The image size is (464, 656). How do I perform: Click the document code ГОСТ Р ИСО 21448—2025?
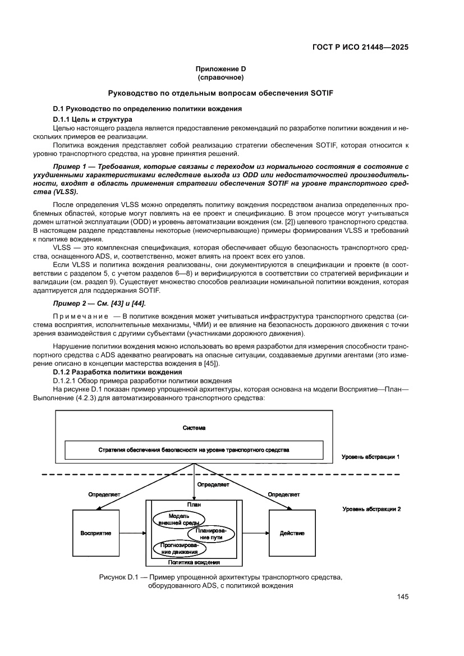pyautogui.click(x=360, y=47)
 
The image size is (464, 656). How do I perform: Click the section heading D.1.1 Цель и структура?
pyautogui.click(x=93, y=120)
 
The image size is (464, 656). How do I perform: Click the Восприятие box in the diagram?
pyautogui.click(x=95, y=533)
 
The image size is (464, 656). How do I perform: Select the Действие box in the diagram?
pyautogui.click(x=292, y=533)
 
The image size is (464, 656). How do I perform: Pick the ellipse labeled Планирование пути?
pyautogui.click(x=210, y=534)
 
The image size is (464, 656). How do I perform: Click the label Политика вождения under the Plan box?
pyautogui.click(x=194, y=562)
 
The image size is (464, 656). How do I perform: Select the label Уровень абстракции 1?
pyautogui.click(x=371, y=457)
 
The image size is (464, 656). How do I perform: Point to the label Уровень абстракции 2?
pyautogui.click(x=371, y=509)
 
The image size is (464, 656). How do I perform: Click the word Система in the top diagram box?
pyautogui.click(x=194, y=428)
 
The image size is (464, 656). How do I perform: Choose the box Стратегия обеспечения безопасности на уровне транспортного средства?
pyautogui.click(x=194, y=450)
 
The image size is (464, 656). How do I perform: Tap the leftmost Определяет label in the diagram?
pyautogui.click(x=104, y=494)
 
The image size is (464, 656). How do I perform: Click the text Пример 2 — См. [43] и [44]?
pyautogui.click(x=99, y=304)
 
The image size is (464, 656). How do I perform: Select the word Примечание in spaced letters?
pyautogui.click(x=79, y=318)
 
